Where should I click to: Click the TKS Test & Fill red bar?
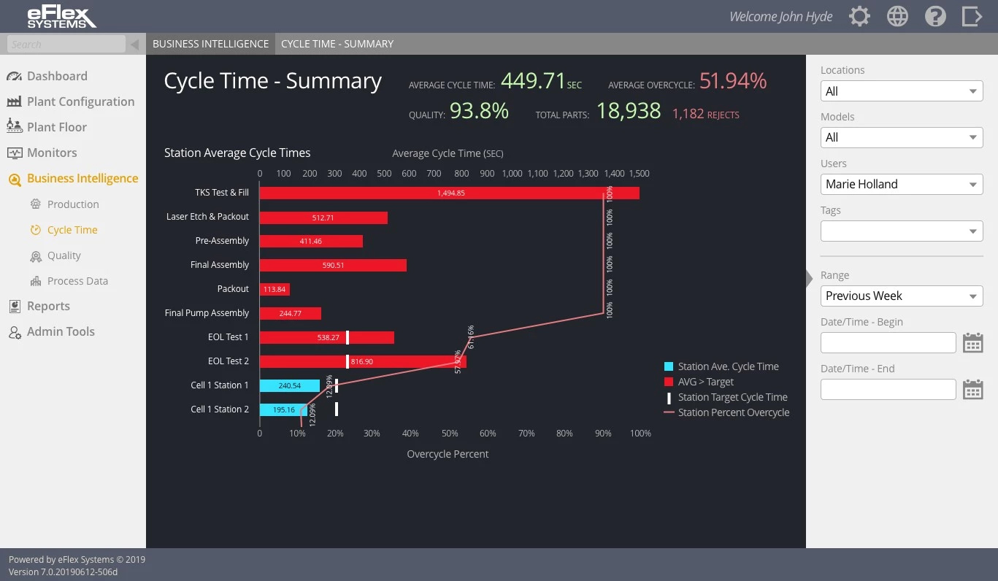click(449, 193)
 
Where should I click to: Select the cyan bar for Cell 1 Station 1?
click(289, 385)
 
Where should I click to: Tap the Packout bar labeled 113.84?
click(275, 289)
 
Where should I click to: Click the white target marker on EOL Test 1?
click(348, 337)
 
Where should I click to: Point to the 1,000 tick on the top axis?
click(512, 174)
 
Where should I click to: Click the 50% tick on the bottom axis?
click(450, 433)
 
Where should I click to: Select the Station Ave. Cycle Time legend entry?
click(728, 366)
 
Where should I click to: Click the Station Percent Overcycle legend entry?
click(733, 412)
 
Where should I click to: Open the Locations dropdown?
click(901, 91)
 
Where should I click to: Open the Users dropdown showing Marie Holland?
click(901, 184)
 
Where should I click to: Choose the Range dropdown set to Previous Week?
click(901, 296)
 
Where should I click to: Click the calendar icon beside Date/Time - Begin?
click(972, 342)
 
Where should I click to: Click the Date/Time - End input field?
click(888, 389)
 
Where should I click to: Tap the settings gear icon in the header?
click(859, 16)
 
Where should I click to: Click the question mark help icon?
click(935, 16)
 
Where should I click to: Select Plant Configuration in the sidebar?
click(80, 101)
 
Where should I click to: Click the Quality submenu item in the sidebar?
click(64, 255)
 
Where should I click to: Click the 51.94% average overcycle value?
click(732, 80)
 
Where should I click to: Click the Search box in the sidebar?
click(66, 44)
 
